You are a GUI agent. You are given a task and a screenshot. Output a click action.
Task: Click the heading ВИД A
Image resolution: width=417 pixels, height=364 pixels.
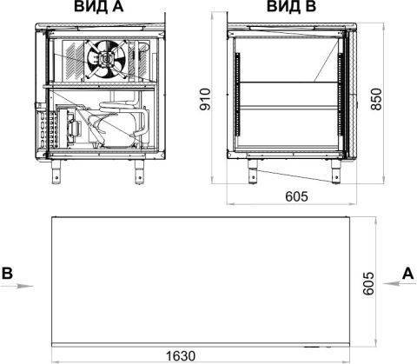(99, 6)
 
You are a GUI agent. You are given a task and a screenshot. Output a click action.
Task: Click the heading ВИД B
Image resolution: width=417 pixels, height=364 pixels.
(291, 6)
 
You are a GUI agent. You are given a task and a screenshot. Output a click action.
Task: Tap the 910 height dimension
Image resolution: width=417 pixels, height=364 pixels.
(205, 99)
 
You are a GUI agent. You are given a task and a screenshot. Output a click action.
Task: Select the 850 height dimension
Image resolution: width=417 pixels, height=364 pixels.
(376, 99)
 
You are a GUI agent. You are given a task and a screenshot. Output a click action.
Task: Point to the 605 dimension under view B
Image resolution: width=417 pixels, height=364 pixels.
(296, 196)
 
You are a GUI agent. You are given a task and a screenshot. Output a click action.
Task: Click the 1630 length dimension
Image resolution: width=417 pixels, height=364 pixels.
(181, 356)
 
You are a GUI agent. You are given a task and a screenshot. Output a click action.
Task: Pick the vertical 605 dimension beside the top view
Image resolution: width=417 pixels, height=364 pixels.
(368, 283)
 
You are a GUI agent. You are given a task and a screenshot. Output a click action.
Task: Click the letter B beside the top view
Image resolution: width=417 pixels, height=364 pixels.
(8, 273)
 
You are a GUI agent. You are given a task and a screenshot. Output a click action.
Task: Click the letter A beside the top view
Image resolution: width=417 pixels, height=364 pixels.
(407, 273)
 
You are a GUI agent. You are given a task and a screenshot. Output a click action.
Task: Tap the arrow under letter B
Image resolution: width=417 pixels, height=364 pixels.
(17, 286)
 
